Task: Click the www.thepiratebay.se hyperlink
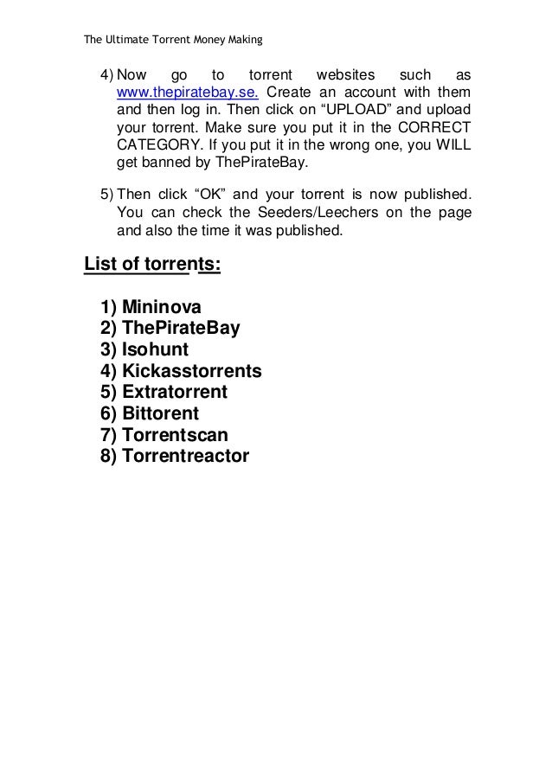[181, 93]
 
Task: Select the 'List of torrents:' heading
[151, 264]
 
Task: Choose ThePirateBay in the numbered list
[181, 328]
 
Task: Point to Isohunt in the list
[156, 349]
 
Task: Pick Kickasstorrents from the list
[191, 371]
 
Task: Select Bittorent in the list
[160, 413]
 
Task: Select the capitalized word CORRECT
[431, 128]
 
